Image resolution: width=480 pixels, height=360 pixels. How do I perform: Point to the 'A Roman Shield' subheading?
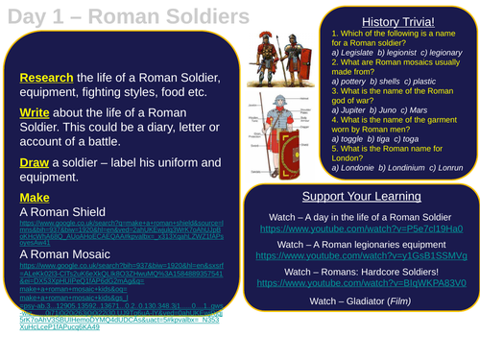coord(66,214)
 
